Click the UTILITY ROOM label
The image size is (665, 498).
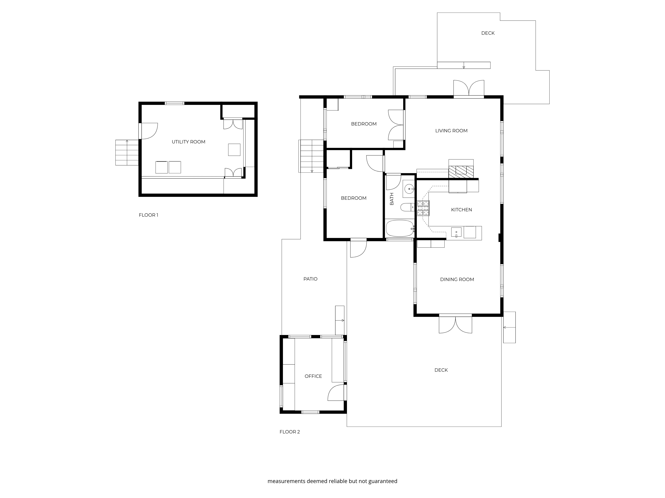(x=189, y=142)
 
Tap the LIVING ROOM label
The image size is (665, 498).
(x=451, y=131)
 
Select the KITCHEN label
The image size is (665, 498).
(x=462, y=209)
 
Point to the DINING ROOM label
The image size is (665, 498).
(x=457, y=279)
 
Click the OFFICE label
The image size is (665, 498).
(x=313, y=376)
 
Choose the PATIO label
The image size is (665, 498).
(x=310, y=279)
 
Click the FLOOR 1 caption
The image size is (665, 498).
(x=148, y=215)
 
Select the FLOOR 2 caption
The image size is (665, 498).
(x=290, y=432)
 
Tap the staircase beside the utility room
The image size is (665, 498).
(x=127, y=153)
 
